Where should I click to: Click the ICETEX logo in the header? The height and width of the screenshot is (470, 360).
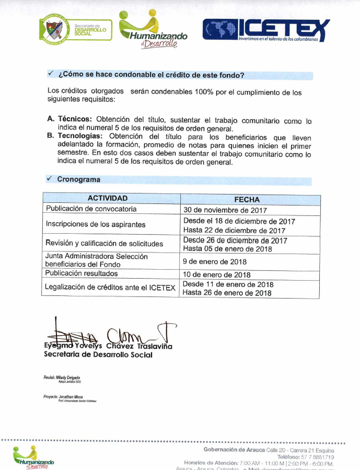point(266,30)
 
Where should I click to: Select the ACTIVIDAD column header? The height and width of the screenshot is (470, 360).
point(108,199)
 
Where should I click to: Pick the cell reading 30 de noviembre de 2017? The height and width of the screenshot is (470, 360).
point(225,210)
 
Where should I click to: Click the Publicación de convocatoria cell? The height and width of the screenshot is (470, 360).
point(91,209)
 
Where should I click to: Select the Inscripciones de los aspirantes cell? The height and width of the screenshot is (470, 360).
point(95,225)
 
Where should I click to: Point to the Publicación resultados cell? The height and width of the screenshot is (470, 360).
point(82,273)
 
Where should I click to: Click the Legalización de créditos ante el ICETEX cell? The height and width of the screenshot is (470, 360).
point(110,288)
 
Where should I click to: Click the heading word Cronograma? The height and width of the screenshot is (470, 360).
point(78,179)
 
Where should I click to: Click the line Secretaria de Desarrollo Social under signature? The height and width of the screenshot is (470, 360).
point(98,355)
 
